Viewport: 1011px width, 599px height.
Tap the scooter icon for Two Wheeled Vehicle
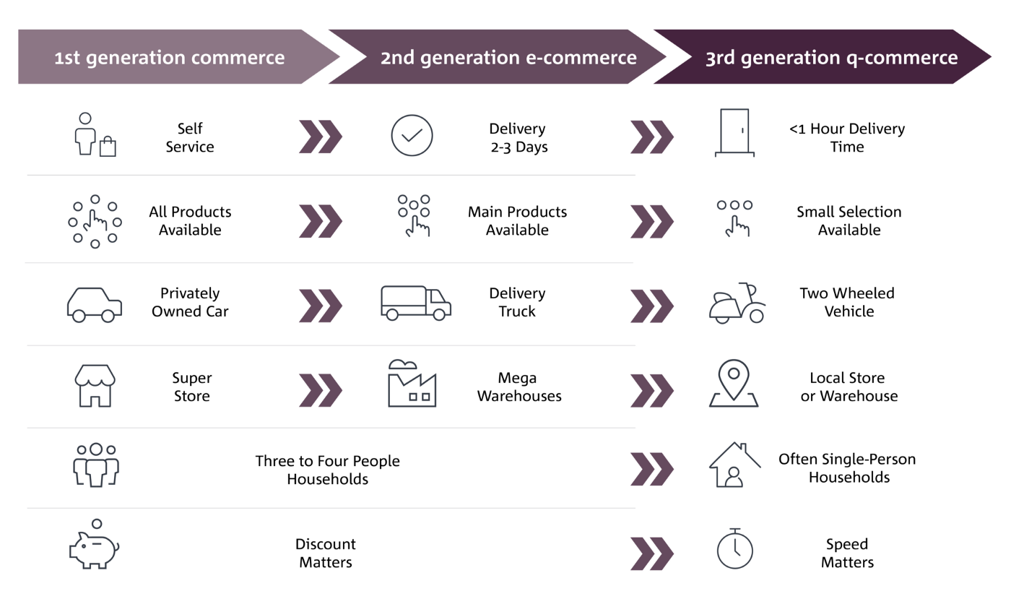(x=737, y=303)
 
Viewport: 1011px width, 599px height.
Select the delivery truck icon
(x=416, y=303)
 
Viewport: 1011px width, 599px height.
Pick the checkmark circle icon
(x=412, y=136)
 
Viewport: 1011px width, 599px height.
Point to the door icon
(x=734, y=133)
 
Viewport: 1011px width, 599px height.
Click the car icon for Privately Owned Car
(x=95, y=304)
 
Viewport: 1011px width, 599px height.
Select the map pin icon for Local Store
(x=734, y=384)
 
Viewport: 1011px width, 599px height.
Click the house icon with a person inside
(x=734, y=465)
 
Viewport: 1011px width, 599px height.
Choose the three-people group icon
(x=96, y=465)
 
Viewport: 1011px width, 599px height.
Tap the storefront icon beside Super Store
(x=95, y=386)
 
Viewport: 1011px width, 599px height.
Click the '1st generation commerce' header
(x=170, y=57)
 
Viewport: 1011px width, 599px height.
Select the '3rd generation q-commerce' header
(x=831, y=57)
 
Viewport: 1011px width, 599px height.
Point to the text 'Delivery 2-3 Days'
(x=518, y=137)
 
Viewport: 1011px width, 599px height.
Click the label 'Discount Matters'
(x=326, y=553)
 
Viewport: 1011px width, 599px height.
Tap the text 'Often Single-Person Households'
(x=849, y=468)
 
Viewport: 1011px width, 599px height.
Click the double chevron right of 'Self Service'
(x=320, y=137)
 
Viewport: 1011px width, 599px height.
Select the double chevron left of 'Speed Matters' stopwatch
(x=651, y=553)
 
